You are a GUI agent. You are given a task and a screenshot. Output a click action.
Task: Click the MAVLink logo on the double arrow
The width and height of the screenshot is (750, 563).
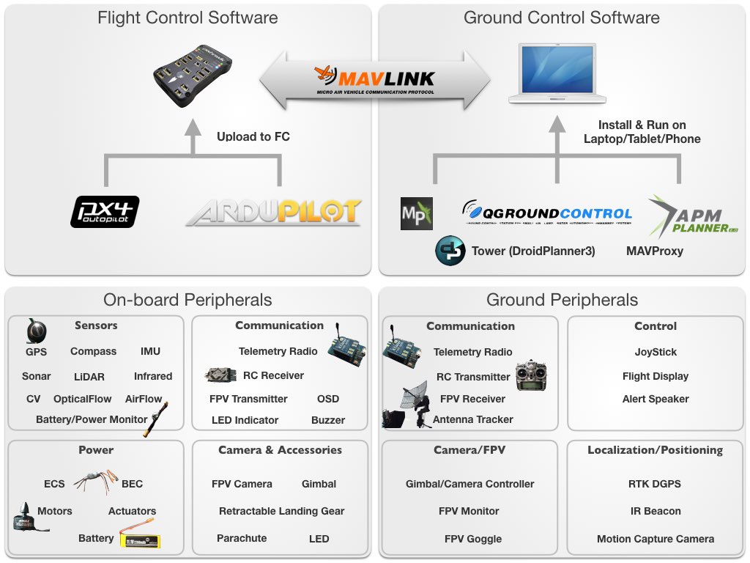(x=374, y=80)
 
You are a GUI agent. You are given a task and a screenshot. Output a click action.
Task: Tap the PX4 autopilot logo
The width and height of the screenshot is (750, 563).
(x=105, y=211)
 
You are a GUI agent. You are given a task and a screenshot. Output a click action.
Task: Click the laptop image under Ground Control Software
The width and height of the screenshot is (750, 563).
(x=557, y=74)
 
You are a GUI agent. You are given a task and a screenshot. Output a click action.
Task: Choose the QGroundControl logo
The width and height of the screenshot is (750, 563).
(x=547, y=213)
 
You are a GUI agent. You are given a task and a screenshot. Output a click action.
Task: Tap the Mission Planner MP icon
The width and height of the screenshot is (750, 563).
(x=417, y=213)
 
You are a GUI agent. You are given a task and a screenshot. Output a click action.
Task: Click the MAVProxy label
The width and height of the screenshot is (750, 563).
(x=654, y=251)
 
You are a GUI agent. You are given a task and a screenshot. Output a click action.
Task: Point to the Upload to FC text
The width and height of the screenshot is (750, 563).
(x=253, y=136)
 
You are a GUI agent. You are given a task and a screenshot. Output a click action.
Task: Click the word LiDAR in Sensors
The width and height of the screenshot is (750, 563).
(x=89, y=377)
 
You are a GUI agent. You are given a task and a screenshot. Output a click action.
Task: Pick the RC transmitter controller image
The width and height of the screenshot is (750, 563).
(x=532, y=375)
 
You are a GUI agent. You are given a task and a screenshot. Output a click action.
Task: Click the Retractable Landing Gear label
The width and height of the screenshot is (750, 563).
(x=281, y=511)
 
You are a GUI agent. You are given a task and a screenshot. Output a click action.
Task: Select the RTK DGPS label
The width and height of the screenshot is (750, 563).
(x=655, y=484)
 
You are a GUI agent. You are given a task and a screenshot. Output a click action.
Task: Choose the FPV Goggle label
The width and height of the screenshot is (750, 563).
(x=473, y=539)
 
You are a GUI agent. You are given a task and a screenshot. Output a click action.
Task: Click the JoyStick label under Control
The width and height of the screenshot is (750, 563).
(x=656, y=352)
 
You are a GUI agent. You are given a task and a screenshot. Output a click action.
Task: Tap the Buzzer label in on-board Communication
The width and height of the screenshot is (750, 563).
(x=328, y=420)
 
